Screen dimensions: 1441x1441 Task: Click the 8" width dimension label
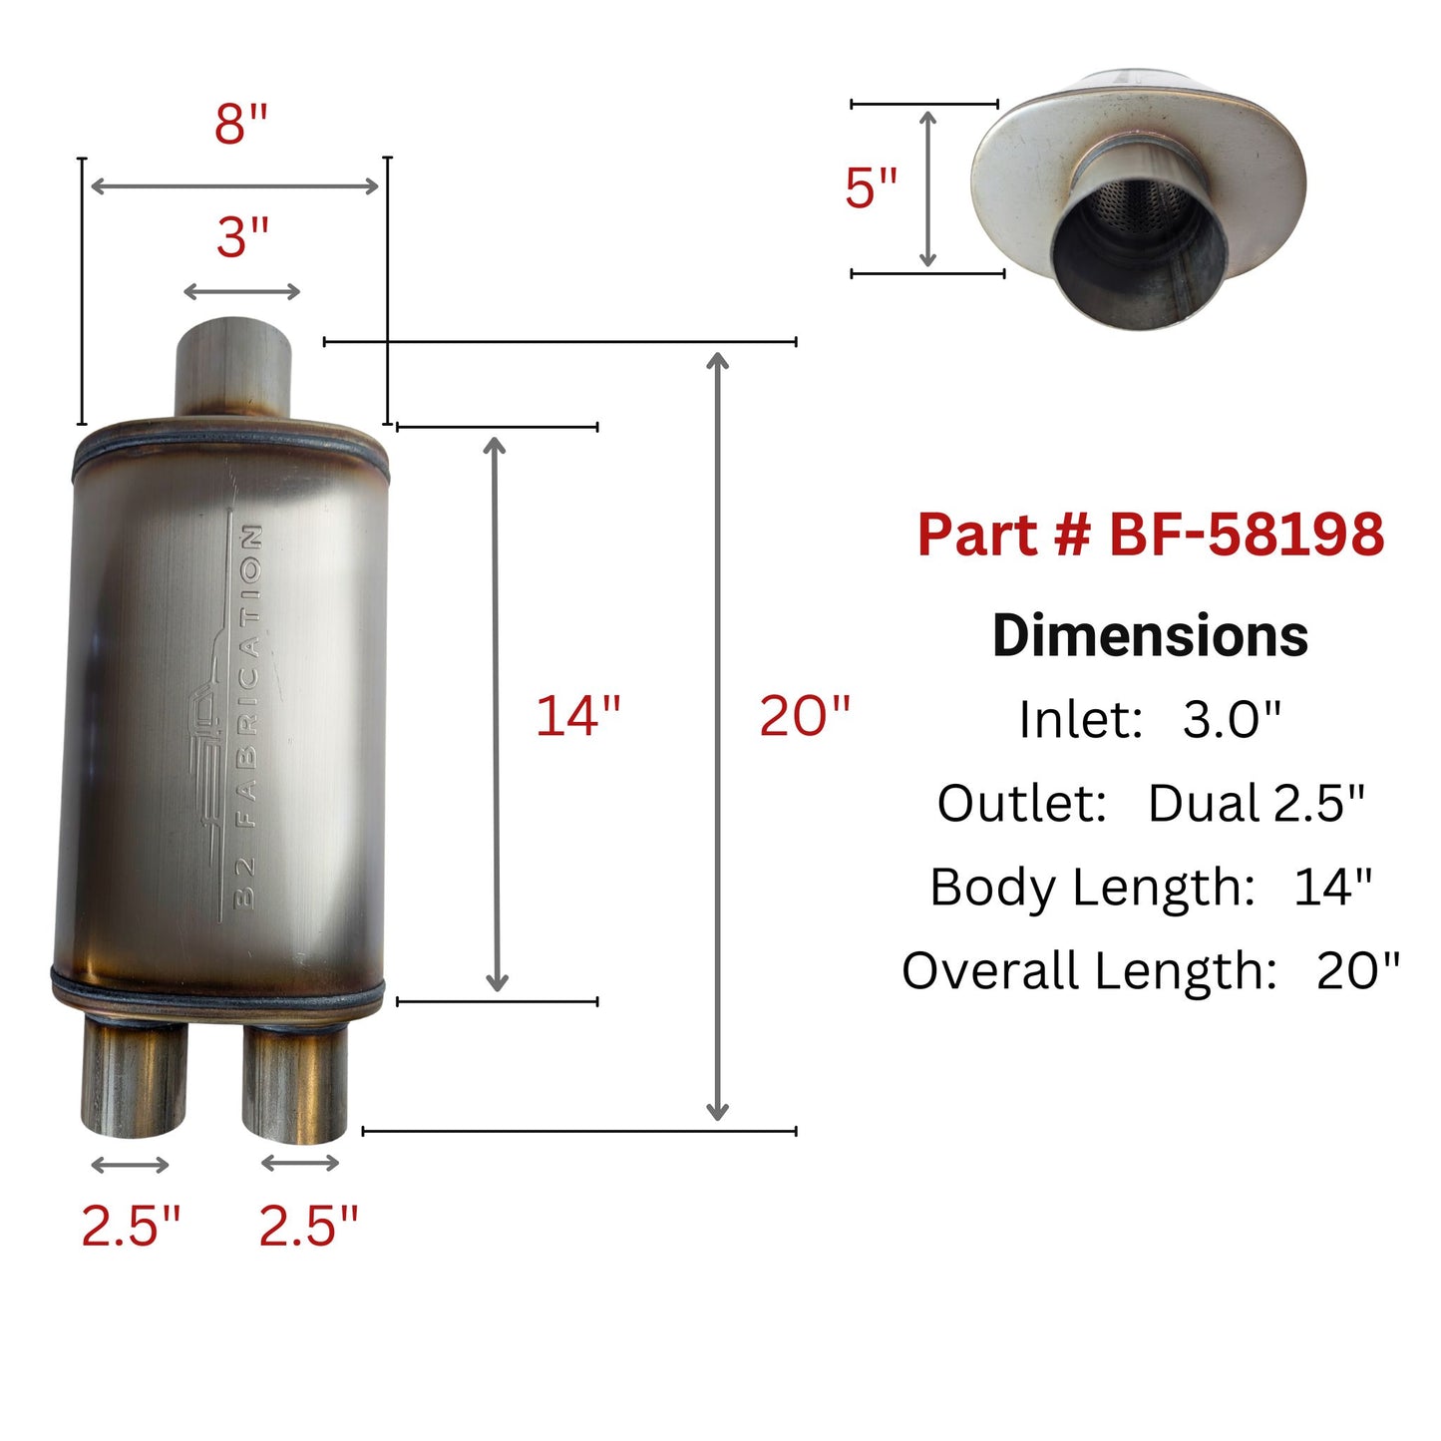(241, 125)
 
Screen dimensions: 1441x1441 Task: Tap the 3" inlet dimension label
(243, 238)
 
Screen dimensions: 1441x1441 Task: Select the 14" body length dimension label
(577, 716)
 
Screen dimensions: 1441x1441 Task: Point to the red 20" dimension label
(804, 716)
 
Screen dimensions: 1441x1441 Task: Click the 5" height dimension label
(871, 188)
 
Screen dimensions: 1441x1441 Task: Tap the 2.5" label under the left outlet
(131, 1226)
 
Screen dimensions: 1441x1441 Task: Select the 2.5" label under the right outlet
(308, 1226)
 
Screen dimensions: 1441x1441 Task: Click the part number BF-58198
(1247, 535)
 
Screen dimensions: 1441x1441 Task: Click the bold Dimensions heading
(1150, 635)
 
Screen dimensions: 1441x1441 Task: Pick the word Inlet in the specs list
(1079, 719)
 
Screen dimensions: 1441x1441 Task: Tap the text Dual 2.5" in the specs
(1256, 803)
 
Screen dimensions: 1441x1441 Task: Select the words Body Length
(1091, 887)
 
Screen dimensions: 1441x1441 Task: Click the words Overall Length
(1089, 970)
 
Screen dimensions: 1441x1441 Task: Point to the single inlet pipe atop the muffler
(234, 367)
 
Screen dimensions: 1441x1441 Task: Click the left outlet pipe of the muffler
(134, 1077)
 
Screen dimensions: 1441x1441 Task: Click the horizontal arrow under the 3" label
(242, 291)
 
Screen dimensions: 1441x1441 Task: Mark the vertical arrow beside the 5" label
(927, 188)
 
